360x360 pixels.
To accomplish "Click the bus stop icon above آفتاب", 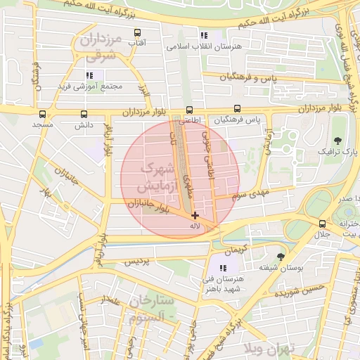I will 137,32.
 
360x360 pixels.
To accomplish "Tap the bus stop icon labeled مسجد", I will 42,114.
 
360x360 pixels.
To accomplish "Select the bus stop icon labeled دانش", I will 84,114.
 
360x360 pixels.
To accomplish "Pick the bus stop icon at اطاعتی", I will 188,110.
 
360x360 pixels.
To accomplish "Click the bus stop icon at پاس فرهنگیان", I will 237,109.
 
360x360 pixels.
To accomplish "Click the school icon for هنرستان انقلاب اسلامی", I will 204,35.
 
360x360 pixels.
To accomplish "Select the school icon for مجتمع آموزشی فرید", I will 89,75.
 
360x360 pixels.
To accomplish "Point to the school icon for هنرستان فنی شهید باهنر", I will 224,268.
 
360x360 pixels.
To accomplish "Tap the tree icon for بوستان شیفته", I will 281,257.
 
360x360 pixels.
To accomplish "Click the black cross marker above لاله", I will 195,215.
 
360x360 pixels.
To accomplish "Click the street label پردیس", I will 139,262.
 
